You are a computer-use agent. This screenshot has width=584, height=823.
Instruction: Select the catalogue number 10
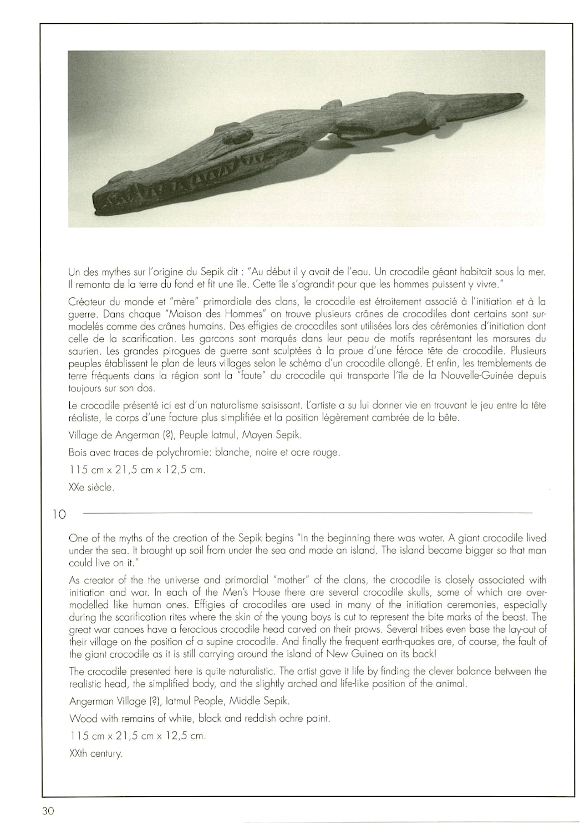coord(59,515)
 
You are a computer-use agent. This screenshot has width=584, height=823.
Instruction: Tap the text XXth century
coord(96,754)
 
